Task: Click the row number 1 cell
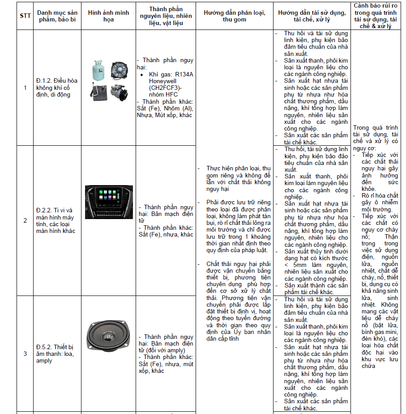click(x=25, y=87)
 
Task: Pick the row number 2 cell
click(x=25, y=220)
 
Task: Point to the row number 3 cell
click(x=25, y=353)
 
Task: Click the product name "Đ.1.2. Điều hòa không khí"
click(x=57, y=87)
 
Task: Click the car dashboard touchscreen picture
click(x=109, y=195)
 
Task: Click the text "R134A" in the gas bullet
click(x=184, y=74)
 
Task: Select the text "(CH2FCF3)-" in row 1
click(x=166, y=88)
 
